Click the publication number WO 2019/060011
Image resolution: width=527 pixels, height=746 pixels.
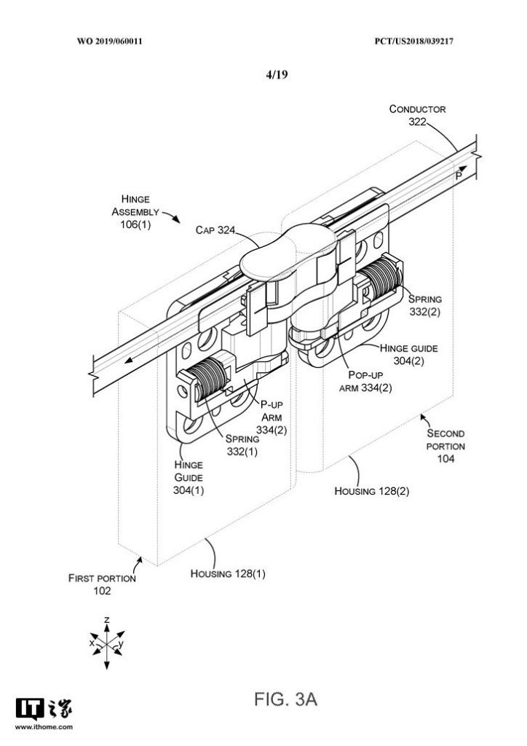coord(109,42)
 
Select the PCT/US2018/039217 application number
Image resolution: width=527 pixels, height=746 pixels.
coord(416,42)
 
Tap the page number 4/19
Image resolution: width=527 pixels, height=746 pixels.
coord(277,74)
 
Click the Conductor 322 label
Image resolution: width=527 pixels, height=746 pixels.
coord(417,116)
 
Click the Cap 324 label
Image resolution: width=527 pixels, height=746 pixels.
coord(215,230)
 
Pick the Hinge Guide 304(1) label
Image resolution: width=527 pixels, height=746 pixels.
coord(189,477)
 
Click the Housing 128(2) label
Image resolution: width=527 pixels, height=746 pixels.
coord(371,491)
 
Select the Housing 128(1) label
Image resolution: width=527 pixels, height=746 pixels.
coord(228,573)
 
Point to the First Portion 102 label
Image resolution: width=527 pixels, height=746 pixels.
coord(102,584)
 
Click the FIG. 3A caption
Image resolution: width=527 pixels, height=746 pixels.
coord(286,701)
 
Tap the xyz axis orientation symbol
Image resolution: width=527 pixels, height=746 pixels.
coord(106,642)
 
